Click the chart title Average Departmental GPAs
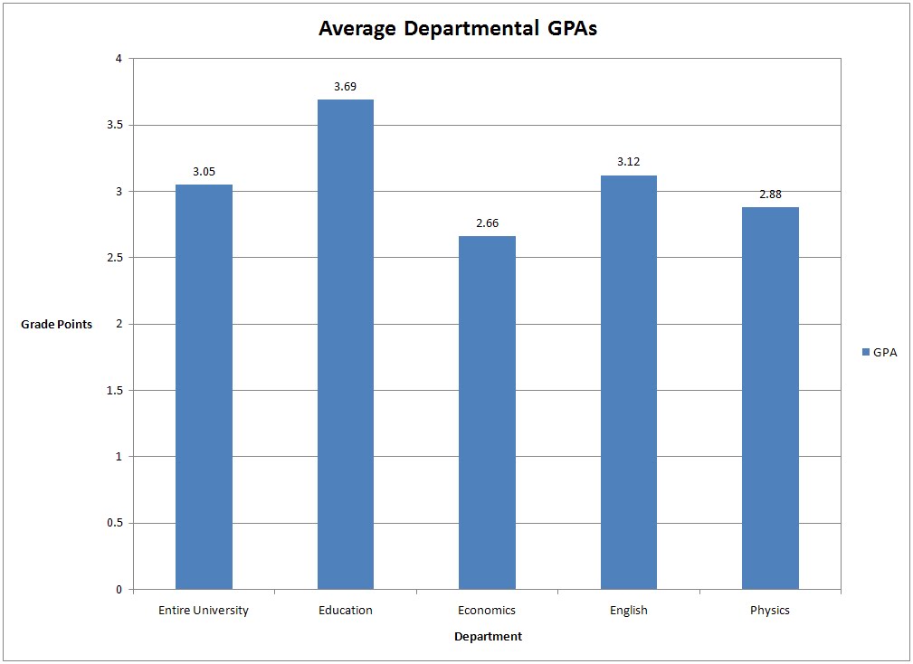458,28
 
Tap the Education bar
345,345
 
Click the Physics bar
770,398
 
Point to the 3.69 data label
345,87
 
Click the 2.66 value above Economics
487,223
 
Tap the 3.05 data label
204,171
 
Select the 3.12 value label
628,162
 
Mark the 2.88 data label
770,194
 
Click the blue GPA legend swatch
865,353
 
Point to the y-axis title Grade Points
56,325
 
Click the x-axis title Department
488,637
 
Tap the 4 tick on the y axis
118,59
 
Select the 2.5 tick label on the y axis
113,258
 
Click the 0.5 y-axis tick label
113,523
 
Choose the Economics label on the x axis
487,611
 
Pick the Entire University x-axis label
204,611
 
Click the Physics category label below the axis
770,611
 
